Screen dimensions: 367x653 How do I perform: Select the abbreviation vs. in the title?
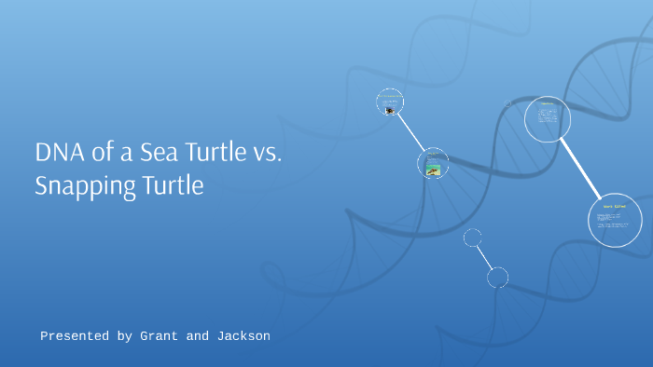[261, 154]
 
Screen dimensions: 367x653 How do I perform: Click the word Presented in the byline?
[75, 335]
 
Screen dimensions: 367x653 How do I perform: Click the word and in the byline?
[198, 335]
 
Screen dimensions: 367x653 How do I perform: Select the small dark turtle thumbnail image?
[390, 110]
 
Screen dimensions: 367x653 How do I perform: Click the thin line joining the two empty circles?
[485, 256]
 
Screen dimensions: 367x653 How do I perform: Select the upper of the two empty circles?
[473, 238]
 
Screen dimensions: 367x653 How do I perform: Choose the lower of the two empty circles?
[498, 277]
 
